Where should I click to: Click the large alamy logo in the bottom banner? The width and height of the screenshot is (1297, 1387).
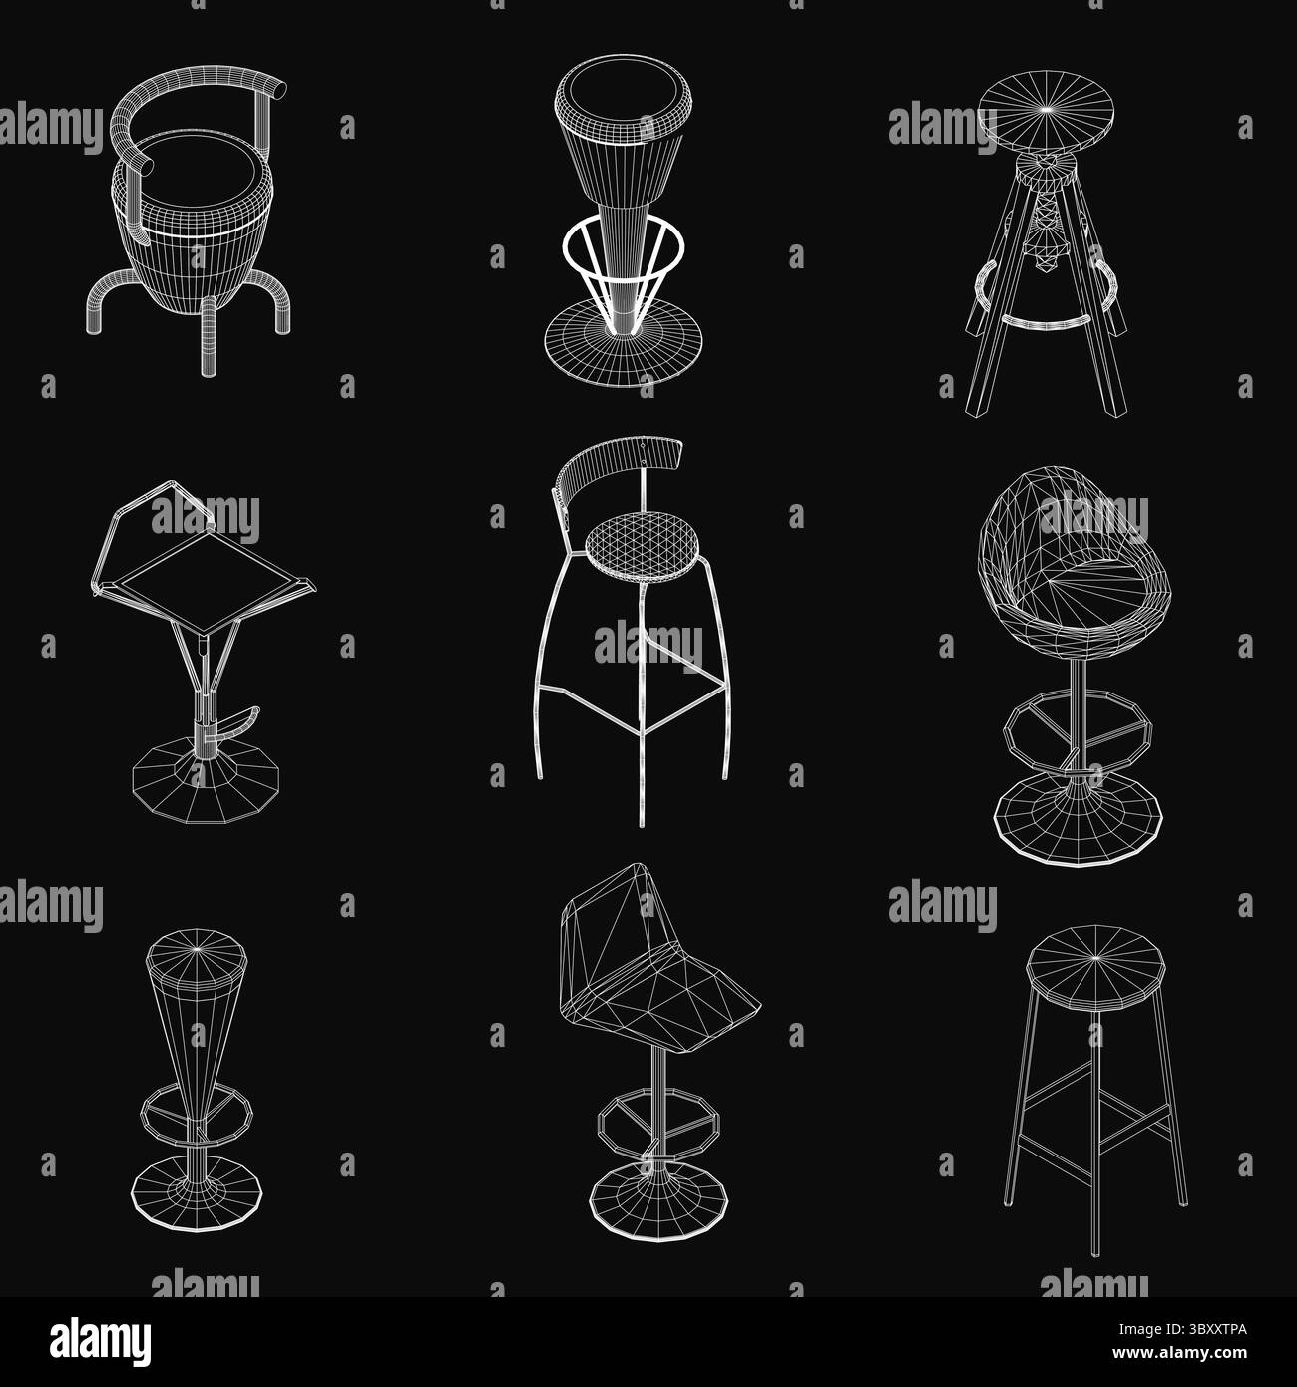point(101,1342)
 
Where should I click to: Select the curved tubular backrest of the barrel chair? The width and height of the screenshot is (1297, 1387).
point(189,105)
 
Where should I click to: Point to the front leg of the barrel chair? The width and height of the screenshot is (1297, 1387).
point(209,336)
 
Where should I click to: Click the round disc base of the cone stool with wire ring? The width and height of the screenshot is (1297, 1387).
point(624,343)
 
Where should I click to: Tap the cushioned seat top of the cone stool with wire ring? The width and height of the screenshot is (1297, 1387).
point(623,97)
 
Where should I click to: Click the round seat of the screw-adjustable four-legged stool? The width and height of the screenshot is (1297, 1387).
point(1046,112)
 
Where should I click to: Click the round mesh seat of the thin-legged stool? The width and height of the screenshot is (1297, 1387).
point(642,546)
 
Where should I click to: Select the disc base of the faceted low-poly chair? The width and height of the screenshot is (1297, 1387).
point(657,1198)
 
